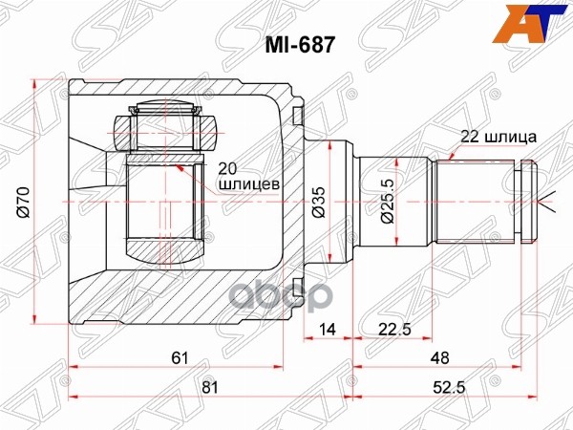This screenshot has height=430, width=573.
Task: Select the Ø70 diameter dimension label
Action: point(22,202)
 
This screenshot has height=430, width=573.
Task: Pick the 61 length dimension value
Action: point(178,357)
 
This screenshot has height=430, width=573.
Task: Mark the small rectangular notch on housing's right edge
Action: point(297,118)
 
